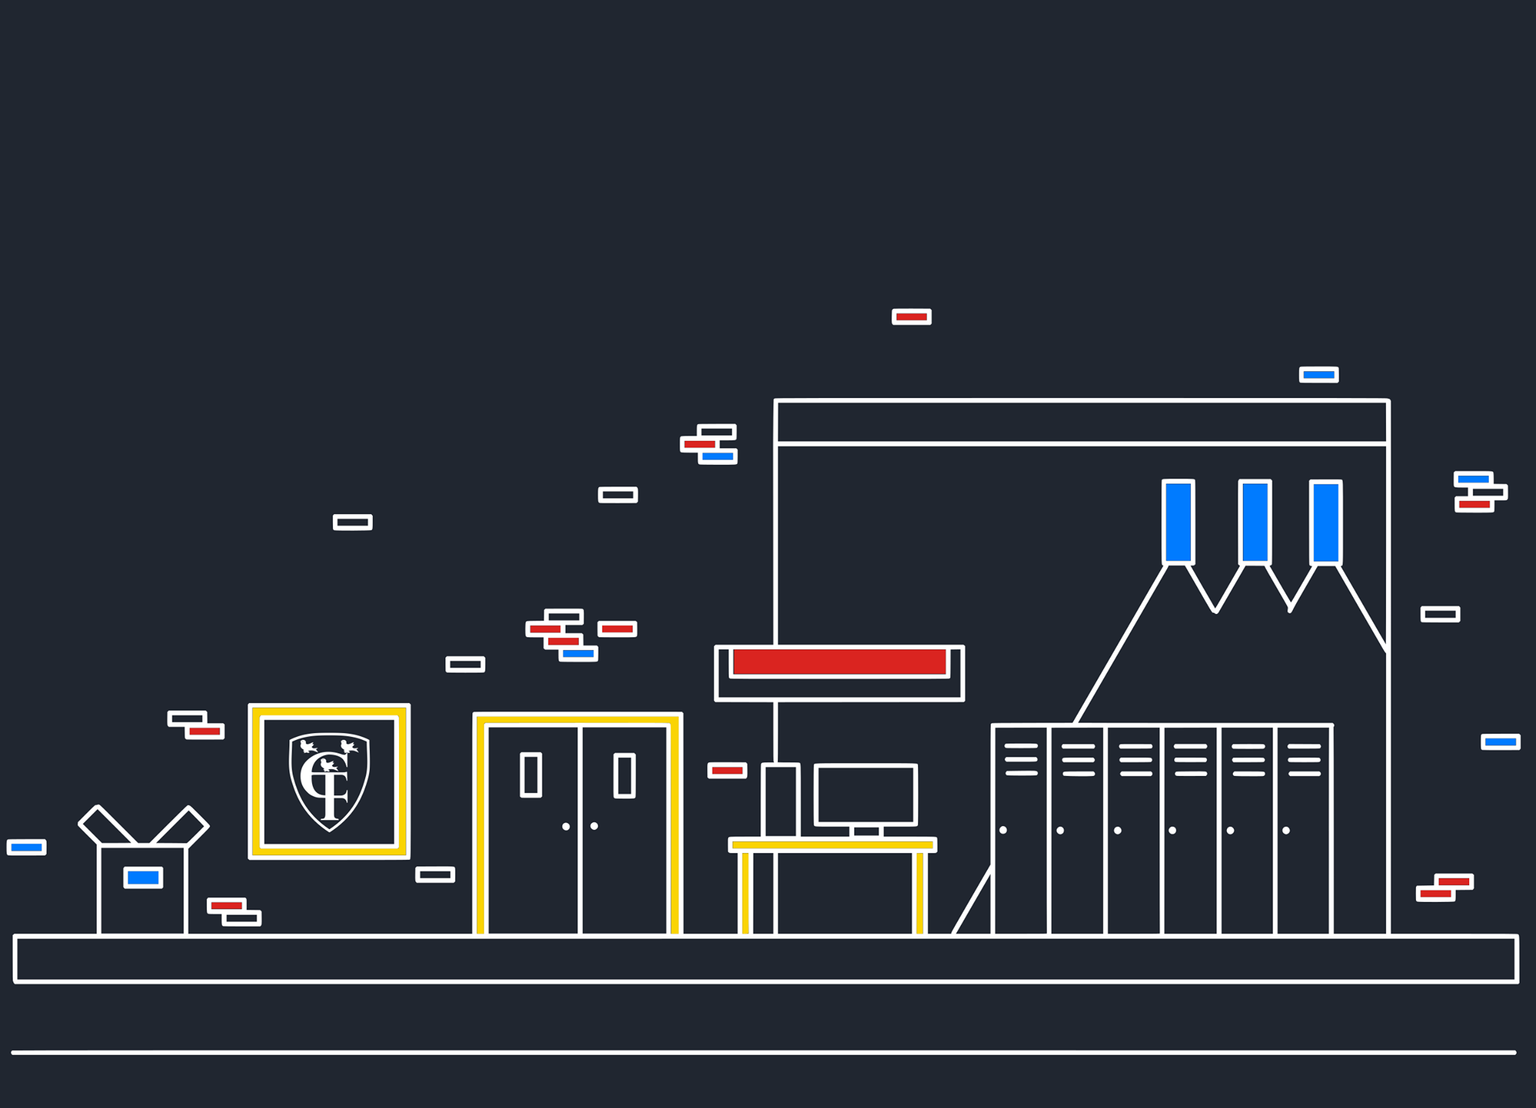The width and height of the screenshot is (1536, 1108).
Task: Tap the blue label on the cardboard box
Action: tap(143, 877)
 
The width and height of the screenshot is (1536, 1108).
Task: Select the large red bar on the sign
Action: tap(839, 662)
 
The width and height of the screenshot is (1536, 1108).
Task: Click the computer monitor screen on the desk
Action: tap(865, 795)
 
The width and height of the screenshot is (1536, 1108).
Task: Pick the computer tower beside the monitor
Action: tap(780, 800)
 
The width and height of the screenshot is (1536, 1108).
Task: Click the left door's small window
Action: tap(531, 774)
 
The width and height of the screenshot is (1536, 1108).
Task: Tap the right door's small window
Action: tap(625, 775)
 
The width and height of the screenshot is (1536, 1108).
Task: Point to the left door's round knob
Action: tap(566, 826)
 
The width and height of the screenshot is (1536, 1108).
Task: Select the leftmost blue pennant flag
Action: tap(1178, 522)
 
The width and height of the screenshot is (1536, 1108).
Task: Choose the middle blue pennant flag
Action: tap(1255, 522)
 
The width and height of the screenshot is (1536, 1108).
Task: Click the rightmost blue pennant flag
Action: tap(1326, 523)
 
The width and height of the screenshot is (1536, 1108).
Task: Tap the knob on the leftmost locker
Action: tap(1003, 830)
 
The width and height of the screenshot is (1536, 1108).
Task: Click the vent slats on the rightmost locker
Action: tap(1304, 759)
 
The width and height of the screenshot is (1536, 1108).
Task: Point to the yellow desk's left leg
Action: tap(745, 893)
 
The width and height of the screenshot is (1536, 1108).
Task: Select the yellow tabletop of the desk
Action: tap(832, 845)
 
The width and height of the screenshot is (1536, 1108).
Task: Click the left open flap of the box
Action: tap(108, 825)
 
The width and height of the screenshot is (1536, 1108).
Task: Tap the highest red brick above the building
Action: tap(912, 316)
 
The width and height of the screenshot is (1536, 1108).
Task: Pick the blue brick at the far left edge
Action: tap(26, 847)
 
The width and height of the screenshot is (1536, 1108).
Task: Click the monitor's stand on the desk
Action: tap(866, 831)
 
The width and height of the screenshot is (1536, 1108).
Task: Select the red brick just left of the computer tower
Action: tap(727, 770)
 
